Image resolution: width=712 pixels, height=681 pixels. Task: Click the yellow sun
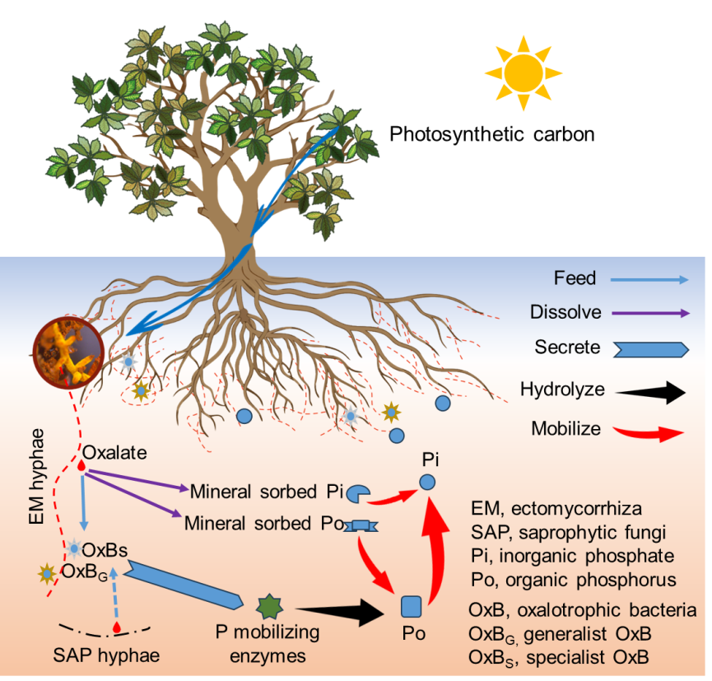coord(524,72)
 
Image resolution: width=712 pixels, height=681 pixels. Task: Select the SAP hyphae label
coord(105,656)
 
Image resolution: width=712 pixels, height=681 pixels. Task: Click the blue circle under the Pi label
coord(426,483)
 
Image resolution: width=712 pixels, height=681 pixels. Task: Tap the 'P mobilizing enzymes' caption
coord(268,645)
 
